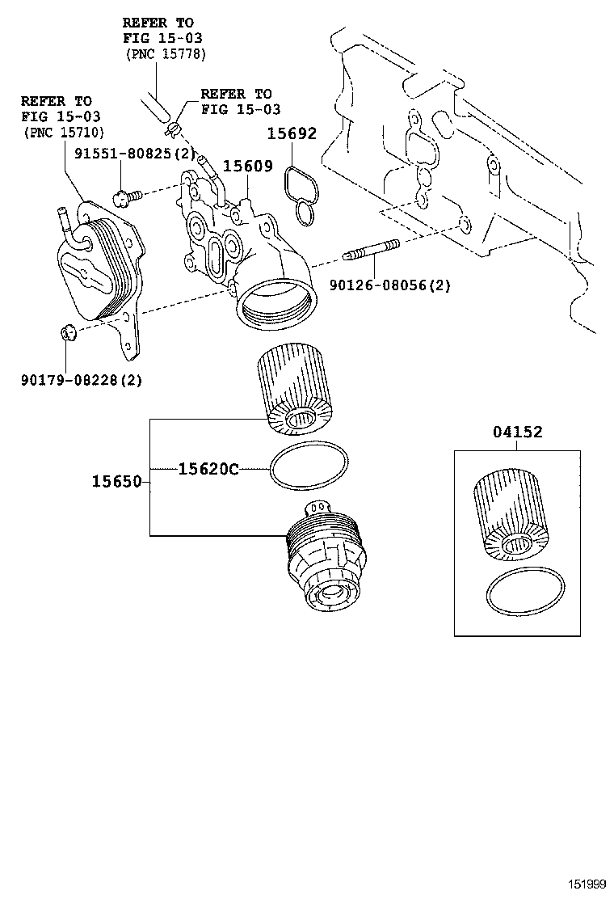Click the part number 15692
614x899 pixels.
click(x=293, y=134)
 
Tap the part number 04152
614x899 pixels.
click(x=518, y=432)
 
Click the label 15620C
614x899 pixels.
click(x=208, y=468)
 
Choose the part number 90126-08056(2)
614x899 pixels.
click(x=389, y=285)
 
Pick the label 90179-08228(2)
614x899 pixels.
click(x=81, y=378)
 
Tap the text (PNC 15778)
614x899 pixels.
click(x=166, y=53)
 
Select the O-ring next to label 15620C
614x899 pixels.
click(x=309, y=467)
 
